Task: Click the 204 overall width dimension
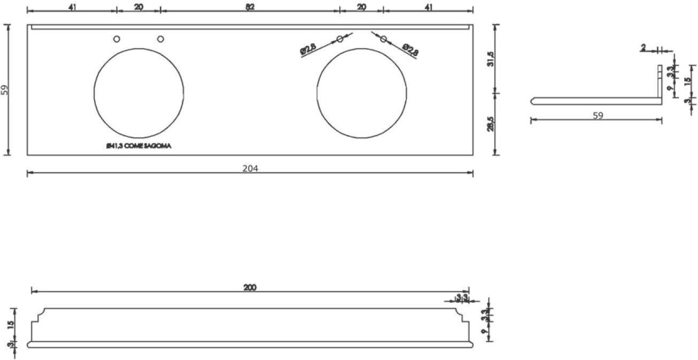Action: (250, 168)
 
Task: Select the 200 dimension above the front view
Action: (250, 287)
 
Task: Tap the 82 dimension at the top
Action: (250, 6)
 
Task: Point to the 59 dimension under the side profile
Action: (598, 115)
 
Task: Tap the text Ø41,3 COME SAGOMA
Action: (138, 146)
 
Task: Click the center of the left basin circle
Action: (139, 92)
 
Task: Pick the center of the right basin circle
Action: (361, 92)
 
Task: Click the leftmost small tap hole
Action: (117, 38)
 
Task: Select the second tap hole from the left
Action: (160, 38)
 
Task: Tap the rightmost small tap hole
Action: (383, 38)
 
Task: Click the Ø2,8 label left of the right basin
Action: (309, 49)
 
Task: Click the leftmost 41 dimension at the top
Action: (71, 6)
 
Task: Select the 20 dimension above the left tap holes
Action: (138, 6)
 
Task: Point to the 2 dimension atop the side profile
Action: (643, 48)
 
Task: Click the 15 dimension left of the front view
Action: (11, 324)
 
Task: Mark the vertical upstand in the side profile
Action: (660, 83)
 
